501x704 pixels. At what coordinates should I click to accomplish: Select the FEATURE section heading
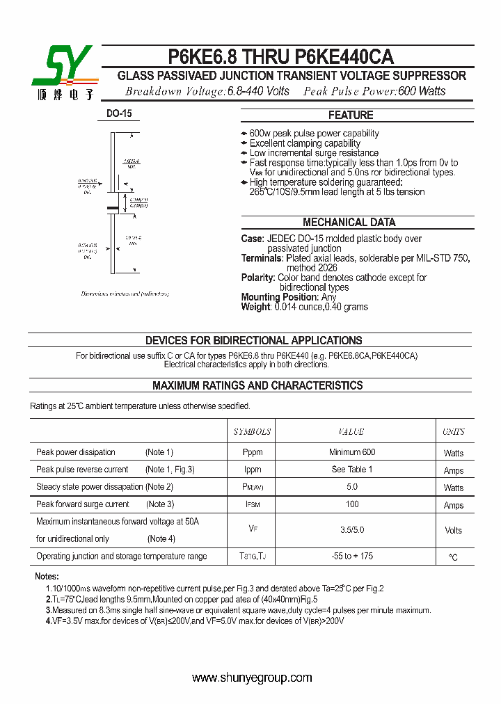coord(351,115)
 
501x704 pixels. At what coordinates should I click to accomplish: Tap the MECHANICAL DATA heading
coord(349,223)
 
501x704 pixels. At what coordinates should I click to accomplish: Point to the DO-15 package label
coord(119,113)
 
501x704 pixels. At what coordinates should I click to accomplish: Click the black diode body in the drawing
coord(112,207)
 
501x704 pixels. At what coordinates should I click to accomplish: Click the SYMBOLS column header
coord(252,432)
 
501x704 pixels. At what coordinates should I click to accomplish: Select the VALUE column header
coord(351,432)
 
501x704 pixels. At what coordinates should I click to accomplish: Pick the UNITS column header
coord(454,432)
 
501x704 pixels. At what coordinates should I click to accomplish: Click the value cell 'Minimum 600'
coord(351,452)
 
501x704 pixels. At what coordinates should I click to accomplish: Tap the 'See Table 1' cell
coord(351,470)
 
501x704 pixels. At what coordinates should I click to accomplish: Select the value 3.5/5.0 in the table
coord(351,530)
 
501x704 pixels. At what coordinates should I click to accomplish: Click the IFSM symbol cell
coord(252,504)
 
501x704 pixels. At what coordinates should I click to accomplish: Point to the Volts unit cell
coord(454,530)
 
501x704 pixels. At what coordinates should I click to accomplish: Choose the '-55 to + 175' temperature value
coord(351,557)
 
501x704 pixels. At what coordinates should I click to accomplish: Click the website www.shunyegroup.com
coord(252,678)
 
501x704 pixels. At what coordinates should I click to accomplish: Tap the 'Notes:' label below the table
coord(47,577)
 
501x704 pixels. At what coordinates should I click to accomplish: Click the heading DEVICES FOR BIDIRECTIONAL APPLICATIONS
coord(253,341)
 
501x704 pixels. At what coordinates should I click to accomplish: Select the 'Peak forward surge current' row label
coord(83,504)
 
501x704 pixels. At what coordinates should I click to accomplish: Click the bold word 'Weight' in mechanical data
coord(255,307)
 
